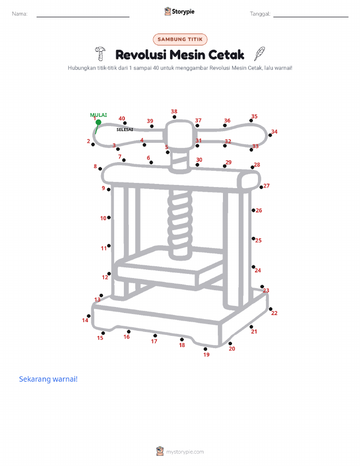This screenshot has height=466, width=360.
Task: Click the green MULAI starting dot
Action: [99, 122]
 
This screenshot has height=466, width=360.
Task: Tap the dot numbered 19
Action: [205, 349]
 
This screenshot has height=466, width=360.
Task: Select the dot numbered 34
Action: [270, 135]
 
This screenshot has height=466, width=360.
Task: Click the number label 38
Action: [174, 111]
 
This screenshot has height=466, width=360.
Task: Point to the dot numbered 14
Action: [88, 316]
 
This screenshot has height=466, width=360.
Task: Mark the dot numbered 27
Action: [261, 187]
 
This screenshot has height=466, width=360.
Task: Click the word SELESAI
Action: [125, 130]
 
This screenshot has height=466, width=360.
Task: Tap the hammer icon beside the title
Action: [101, 53]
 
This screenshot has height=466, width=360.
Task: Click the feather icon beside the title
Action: [259, 54]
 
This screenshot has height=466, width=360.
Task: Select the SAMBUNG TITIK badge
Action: [180, 39]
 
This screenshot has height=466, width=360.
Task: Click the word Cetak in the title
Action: [226, 55]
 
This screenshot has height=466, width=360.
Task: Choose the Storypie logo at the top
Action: [179, 12]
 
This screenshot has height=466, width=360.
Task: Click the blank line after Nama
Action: [83, 17]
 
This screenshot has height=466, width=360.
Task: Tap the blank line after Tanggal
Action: [311, 17]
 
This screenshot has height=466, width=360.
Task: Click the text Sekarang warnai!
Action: [48, 379]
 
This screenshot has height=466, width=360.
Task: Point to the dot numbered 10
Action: [109, 218]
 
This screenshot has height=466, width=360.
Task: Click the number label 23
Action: [266, 290]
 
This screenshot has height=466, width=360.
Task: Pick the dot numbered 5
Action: [168, 152]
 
